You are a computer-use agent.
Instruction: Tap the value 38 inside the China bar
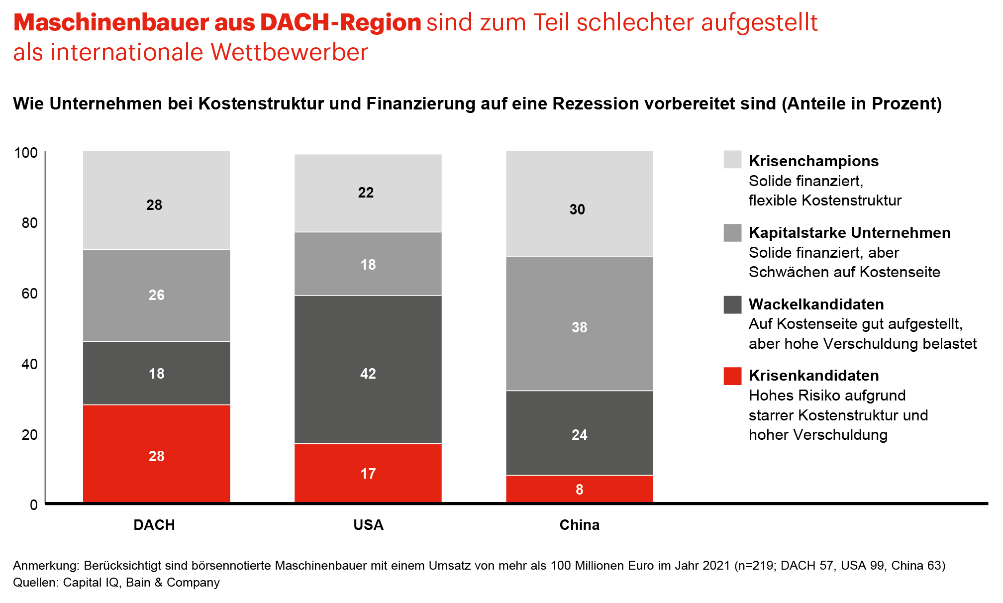click(579, 327)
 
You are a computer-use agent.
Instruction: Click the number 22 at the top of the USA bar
click(366, 193)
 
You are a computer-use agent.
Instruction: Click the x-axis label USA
click(368, 525)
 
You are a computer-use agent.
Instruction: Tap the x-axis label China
click(579, 525)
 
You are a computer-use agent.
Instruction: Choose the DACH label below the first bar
click(154, 525)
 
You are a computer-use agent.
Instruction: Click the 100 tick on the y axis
click(26, 153)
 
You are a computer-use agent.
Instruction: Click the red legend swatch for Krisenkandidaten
click(732, 376)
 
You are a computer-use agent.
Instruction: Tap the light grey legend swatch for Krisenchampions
click(732, 160)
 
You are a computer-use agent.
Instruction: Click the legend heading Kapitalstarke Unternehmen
click(849, 232)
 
